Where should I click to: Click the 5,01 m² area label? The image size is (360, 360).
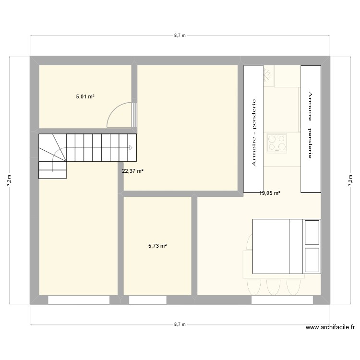85,96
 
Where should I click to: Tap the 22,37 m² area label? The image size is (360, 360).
133,171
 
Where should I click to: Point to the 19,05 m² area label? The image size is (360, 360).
270,193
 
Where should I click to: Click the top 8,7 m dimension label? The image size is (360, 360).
180,36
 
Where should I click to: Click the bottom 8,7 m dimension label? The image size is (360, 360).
180,325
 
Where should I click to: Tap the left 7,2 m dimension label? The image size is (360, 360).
9,180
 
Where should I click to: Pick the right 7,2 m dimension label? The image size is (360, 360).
350,180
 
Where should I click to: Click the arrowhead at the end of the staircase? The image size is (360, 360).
131,148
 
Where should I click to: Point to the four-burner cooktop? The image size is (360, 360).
276,143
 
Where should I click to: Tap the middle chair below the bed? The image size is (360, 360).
274,288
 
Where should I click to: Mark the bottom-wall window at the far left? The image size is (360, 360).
78,300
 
